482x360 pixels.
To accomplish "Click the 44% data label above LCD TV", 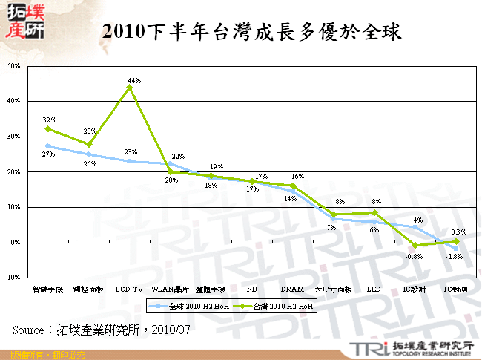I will pos(134,80).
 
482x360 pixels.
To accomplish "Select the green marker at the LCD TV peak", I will pos(130,88).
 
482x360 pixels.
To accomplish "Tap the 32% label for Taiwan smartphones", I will pos(49,120).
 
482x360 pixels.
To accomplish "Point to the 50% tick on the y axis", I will pos(14,65).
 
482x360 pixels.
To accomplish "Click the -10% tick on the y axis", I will pos(13,278).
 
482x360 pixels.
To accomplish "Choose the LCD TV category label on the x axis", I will pos(129,289).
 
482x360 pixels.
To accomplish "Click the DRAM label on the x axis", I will pos(292,289).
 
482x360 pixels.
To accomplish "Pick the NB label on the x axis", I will pos(251,289).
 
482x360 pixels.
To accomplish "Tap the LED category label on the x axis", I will pos(374,289).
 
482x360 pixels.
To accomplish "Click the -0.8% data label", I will pos(415,257).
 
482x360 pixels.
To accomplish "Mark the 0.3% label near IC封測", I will pos(458,232).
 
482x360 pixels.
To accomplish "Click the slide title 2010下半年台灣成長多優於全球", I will pos(251,33).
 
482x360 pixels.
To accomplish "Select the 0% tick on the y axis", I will pos(16,243).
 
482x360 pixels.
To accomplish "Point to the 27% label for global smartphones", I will pos(49,154).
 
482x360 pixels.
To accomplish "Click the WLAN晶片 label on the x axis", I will pos(170,289).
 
